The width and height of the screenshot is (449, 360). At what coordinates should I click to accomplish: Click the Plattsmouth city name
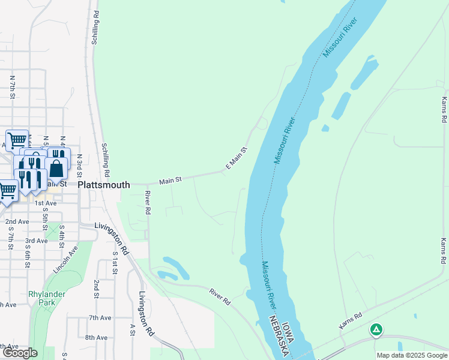pos(104,185)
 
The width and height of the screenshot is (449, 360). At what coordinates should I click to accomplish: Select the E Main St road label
pos(236,158)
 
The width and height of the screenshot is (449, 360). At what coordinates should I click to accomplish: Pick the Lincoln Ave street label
pos(65,259)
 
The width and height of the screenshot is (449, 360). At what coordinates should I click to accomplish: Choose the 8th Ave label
pos(96,337)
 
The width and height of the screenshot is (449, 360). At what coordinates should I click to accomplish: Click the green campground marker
pos(376,329)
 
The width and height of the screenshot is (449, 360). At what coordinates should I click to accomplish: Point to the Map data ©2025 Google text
pos(412,355)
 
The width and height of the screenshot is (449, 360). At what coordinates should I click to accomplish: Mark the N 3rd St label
pos(79,166)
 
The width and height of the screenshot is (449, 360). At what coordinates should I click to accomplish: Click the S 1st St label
pos(115,263)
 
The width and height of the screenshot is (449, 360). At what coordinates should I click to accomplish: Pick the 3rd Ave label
pos(36,241)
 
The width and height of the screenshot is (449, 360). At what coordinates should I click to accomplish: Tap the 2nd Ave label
pos(17,222)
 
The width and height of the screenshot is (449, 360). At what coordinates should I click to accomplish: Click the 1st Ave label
pos(45,203)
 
